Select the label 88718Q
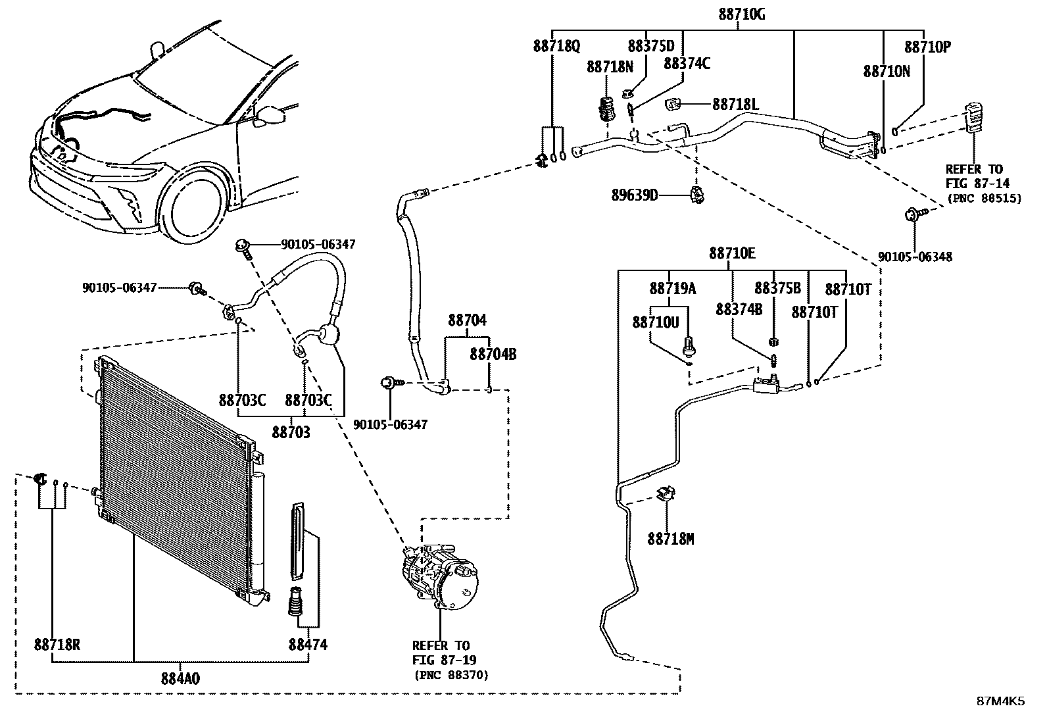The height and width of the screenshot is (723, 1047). [556, 47]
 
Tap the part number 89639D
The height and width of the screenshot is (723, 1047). [635, 195]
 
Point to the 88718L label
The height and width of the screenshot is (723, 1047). [736, 104]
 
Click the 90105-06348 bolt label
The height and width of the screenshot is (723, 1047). [915, 257]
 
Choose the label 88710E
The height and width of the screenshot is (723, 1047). [732, 254]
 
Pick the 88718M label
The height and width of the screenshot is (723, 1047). [671, 539]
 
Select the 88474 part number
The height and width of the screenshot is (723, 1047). [307, 645]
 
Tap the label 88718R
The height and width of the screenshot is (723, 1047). [57, 645]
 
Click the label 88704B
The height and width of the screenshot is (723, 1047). [493, 355]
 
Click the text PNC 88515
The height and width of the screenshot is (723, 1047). [984, 198]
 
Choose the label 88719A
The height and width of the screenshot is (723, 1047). [672, 288]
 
